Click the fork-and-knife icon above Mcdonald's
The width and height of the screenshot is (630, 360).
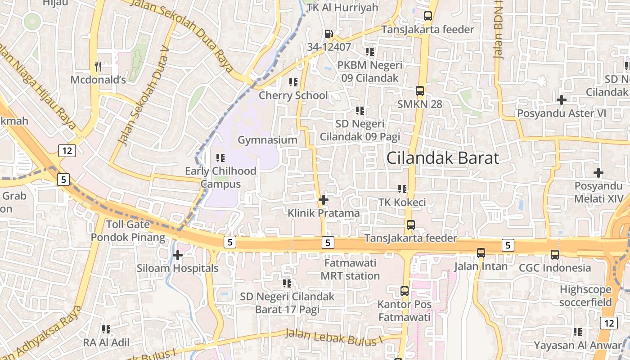click(99, 67)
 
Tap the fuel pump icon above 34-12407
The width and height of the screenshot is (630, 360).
click(329, 34)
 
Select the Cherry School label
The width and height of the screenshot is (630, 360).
click(293, 95)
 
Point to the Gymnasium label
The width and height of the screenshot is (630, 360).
click(267, 140)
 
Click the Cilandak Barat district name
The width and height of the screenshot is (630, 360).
click(443, 158)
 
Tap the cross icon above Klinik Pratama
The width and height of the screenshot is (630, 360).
click(323, 200)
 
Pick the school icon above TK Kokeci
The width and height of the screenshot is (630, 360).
click(402, 189)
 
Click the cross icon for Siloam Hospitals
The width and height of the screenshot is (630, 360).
click(178, 255)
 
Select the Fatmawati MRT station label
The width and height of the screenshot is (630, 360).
click(350, 269)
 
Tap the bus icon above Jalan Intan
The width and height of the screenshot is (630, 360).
click(481, 253)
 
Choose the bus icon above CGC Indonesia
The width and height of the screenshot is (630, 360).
click(554, 255)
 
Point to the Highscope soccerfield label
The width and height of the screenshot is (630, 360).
click(585, 296)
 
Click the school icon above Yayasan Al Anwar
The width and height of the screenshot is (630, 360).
click(578, 332)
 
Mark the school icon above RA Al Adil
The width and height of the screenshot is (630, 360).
click(106, 329)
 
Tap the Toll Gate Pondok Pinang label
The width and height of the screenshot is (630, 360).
click(128, 231)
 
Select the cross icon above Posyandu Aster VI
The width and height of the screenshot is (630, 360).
click(561, 100)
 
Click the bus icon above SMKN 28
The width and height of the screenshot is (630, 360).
click(420, 91)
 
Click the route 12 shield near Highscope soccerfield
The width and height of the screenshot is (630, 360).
click(609, 323)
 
